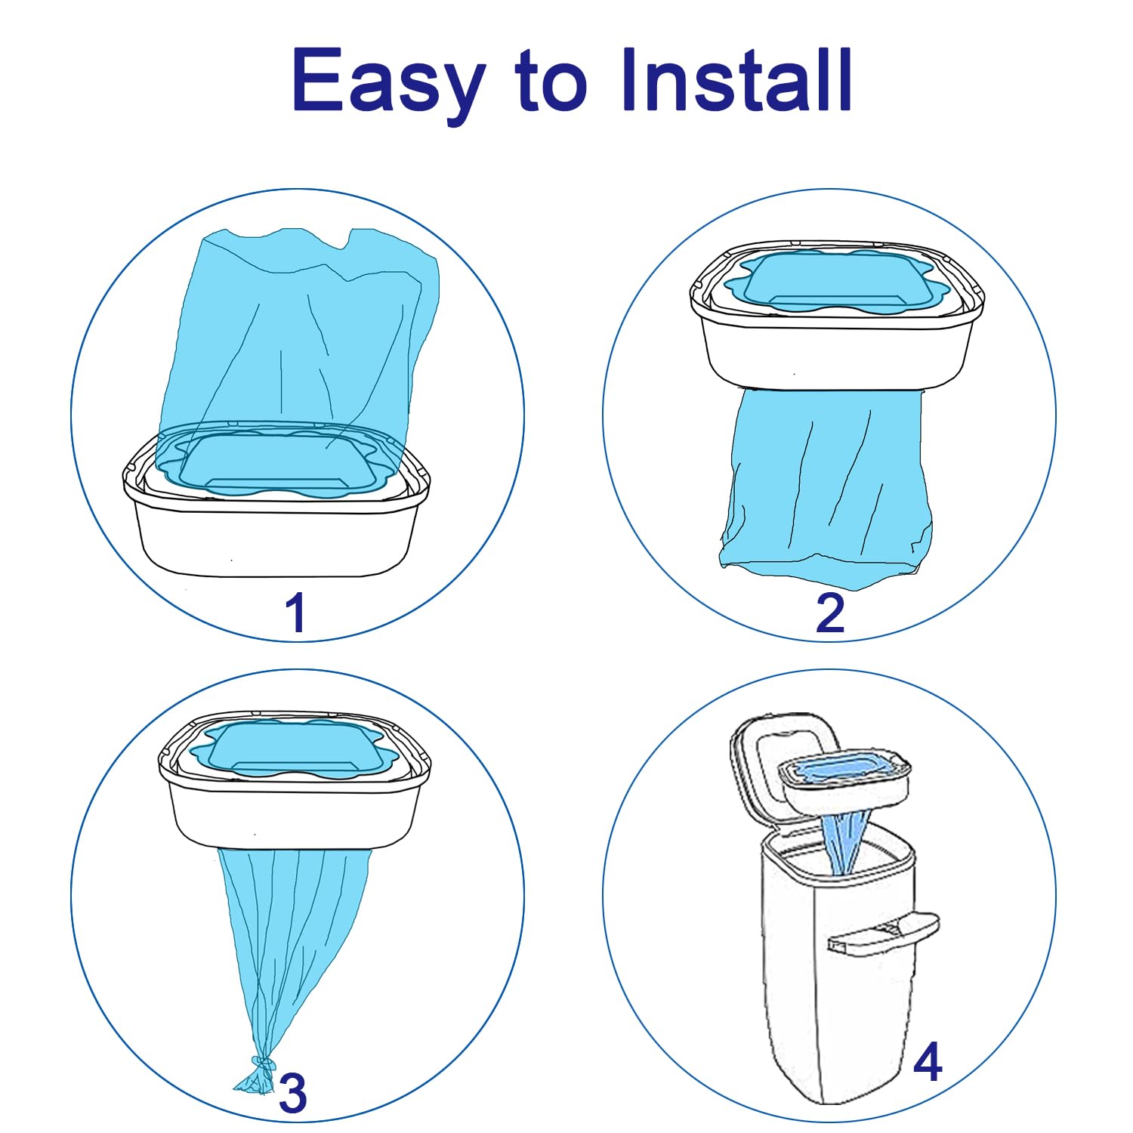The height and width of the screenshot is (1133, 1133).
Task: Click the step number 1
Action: pos(295,613)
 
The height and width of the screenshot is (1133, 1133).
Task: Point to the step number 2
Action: pos(829,613)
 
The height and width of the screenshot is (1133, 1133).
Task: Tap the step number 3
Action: pos(293,1092)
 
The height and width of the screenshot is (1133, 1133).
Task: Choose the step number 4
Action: pos(928,1061)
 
